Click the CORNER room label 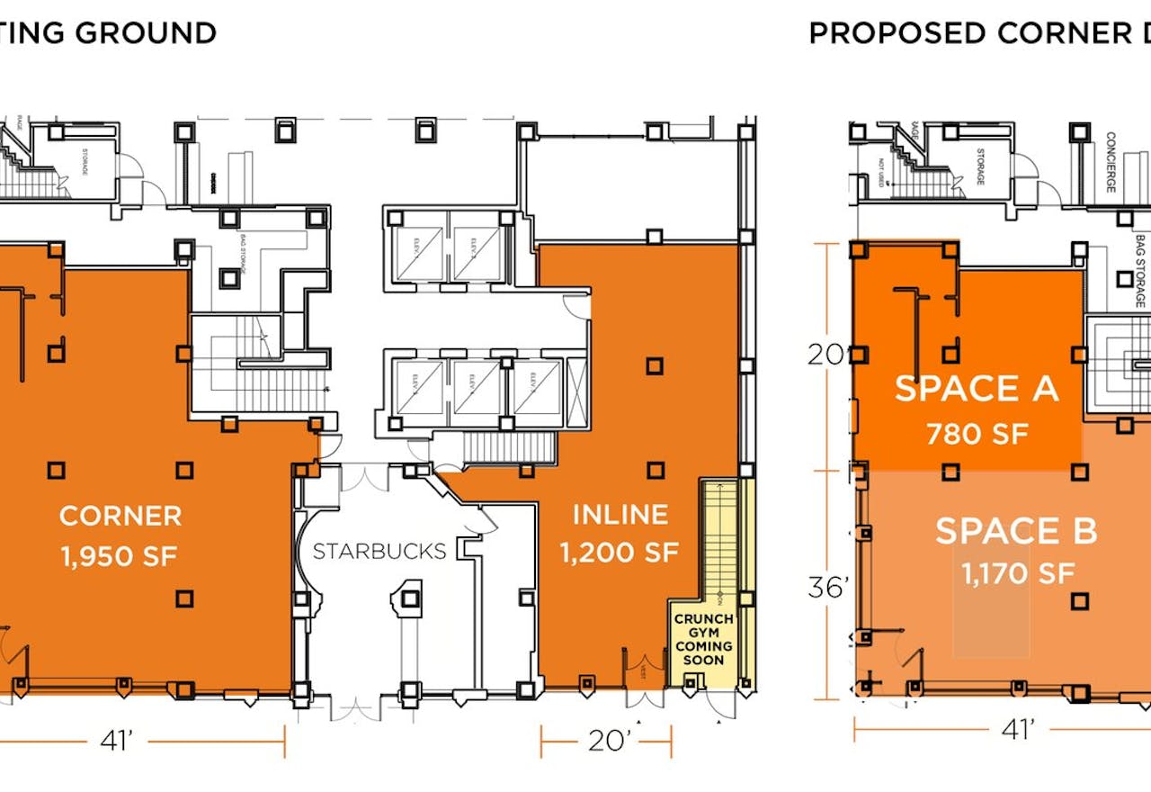120,516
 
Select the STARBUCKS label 379,551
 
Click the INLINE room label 620,515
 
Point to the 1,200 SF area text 620,553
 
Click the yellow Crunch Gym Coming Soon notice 704,640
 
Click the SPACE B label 1016,531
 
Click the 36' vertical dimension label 828,588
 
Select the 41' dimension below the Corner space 117,741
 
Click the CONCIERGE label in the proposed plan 1111,162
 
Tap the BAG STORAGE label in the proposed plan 1140,270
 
